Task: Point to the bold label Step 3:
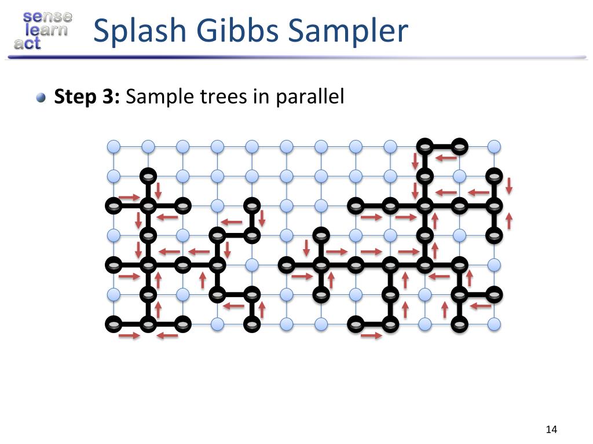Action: (x=87, y=97)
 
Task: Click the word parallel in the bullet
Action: (x=310, y=97)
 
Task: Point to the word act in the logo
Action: (x=28, y=43)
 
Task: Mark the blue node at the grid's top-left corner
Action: (x=114, y=146)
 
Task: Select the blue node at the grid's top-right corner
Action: (x=494, y=146)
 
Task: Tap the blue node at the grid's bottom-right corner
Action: (x=494, y=324)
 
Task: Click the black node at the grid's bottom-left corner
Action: (x=114, y=324)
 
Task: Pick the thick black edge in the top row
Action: (x=442, y=146)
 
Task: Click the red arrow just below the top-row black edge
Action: (x=446, y=157)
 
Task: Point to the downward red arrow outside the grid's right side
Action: (x=509, y=186)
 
